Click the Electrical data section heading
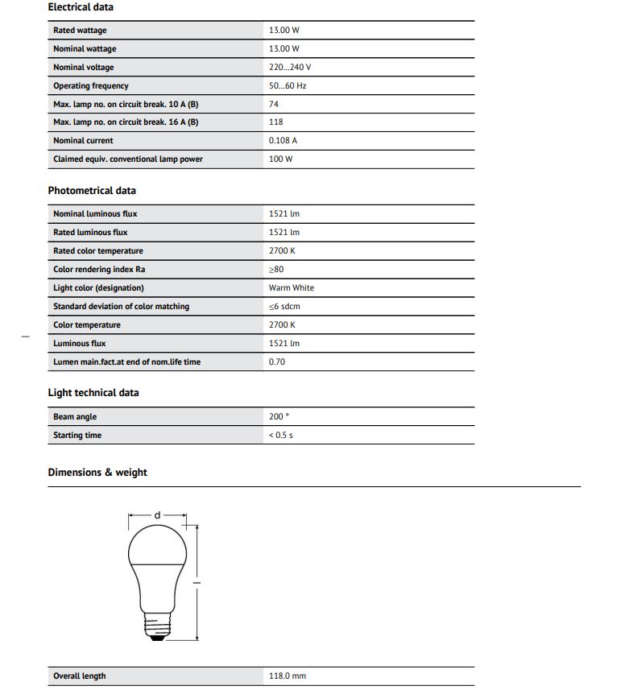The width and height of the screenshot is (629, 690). (81, 7)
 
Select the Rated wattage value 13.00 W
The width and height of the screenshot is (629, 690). (283, 31)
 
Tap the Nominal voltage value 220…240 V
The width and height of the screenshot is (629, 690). (290, 68)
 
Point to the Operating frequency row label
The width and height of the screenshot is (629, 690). (91, 86)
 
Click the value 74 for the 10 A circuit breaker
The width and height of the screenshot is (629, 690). (274, 105)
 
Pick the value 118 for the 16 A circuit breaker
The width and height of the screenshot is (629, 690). (276, 122)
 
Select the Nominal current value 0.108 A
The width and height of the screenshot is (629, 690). (283, 141)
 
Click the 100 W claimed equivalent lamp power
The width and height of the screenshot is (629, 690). (281, 159)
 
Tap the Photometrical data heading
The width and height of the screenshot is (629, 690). (92, 191)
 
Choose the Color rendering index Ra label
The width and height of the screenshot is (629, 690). (99, 270)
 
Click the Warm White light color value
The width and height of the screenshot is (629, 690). (292, 288)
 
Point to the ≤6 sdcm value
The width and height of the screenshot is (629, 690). (285, 307)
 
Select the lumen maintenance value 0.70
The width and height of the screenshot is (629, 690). (276, 362)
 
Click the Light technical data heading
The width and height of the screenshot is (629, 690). (93, 393)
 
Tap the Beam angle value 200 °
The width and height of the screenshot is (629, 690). (279, 417)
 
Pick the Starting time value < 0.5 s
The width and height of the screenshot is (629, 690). (281, 436)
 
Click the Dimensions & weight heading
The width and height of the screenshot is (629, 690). (97, 473)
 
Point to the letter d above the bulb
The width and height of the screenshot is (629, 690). (158, 514)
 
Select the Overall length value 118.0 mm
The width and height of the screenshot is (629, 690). (288, 676)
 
